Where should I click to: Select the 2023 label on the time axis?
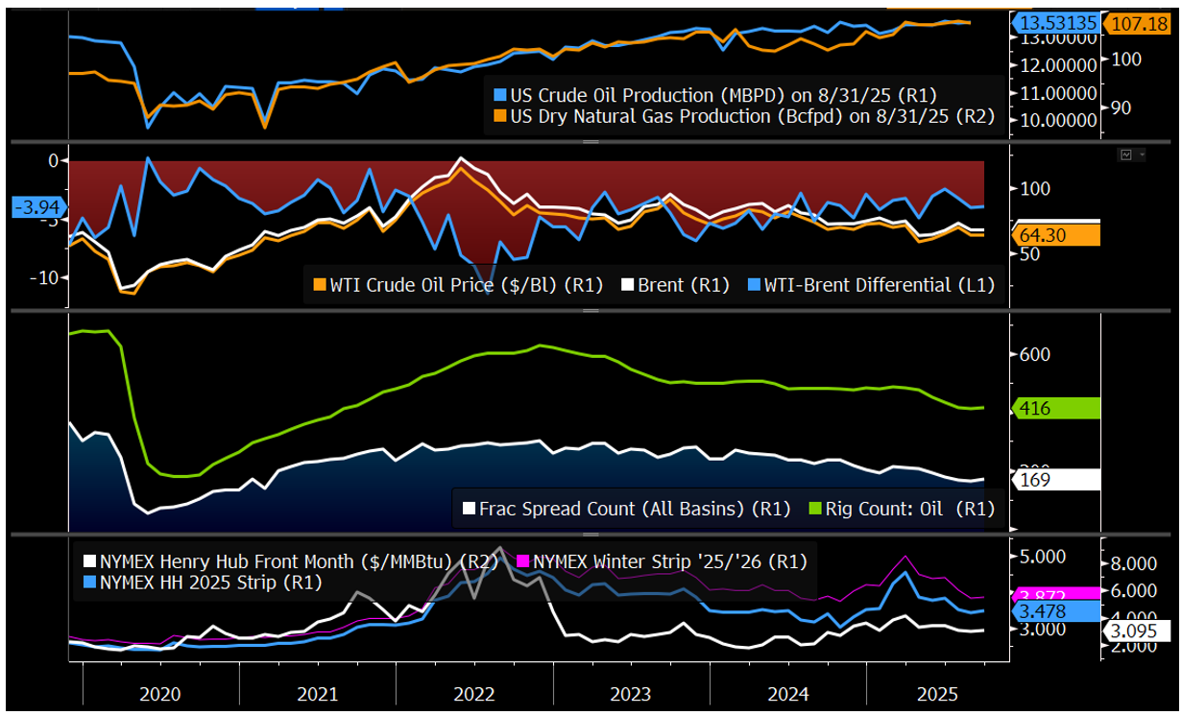[x=630, y=694]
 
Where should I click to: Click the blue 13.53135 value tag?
[x=1055, y=22]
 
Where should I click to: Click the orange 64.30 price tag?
[x=1056, y=235]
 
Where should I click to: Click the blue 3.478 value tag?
[x=1056, y=610]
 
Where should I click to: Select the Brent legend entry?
[x=676, y=285]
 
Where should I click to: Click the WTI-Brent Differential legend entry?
[x=869, y=285]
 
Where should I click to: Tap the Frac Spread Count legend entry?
[x=623, y=509]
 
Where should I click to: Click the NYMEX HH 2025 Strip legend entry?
[x=204, y=582]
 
